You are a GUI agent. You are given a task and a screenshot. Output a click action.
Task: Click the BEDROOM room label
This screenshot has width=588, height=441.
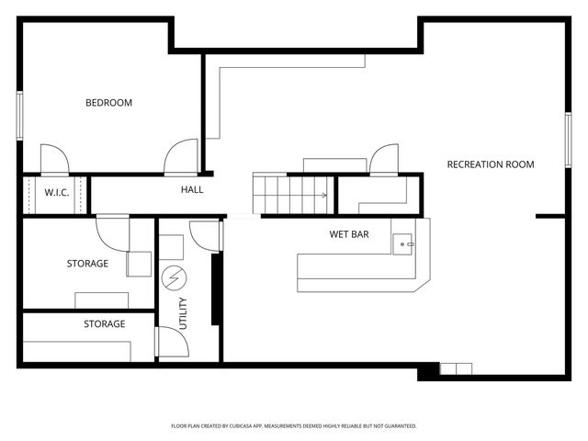[108, 103]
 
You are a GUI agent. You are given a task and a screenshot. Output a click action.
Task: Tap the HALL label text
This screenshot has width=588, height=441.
[192, 190]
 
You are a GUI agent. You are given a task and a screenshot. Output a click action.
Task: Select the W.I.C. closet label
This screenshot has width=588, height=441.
[57, 192]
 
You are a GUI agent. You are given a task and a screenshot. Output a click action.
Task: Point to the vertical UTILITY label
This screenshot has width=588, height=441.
[183, 313]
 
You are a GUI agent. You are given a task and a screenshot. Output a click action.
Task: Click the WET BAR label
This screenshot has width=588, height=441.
[349, 234]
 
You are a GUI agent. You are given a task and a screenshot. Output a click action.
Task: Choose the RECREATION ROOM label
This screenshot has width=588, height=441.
[490, 164]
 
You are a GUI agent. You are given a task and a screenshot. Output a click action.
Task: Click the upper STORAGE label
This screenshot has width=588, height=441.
[87, 264]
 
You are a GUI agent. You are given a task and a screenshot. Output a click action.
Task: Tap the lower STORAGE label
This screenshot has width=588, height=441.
[105, 323]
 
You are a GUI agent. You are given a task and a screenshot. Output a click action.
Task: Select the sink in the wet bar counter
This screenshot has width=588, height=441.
[403, 243]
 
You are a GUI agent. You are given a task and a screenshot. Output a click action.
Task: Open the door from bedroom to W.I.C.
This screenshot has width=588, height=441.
[53, 159]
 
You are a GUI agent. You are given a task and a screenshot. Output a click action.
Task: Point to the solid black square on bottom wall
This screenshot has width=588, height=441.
[427, 372]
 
